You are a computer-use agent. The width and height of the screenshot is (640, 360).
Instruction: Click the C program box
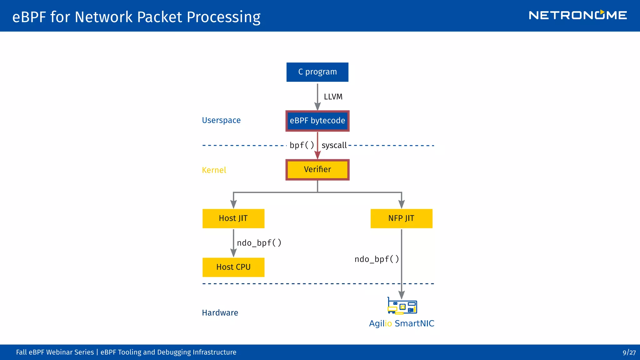[317, 72]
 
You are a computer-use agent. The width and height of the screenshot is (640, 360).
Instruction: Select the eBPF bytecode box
[317, 121]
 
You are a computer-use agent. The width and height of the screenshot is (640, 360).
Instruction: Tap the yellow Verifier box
[317, 170]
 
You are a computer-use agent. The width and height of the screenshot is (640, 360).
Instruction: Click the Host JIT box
[233, 218]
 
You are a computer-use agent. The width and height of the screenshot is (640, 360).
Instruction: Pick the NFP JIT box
[401, 218]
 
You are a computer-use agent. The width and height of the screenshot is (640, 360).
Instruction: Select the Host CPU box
[233, 267]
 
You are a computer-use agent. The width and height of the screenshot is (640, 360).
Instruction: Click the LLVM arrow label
[333, 97]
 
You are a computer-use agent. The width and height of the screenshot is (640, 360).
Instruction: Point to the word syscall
[334, 145]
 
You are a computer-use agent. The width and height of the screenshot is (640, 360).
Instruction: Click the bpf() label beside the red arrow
[302, 145]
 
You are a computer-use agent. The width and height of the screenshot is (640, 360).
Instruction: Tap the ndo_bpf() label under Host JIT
[259, 243]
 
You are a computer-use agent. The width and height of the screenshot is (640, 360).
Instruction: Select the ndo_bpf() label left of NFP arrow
[377, 259]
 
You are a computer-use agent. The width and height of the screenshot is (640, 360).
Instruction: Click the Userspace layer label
[221, 120]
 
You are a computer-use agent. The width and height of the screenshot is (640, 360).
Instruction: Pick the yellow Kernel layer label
[214, 170]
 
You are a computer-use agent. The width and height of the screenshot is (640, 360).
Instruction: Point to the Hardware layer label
[220, 313]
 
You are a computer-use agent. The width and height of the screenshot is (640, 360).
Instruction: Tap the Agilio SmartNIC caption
[402, 323]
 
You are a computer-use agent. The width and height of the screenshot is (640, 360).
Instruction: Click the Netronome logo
[577, 15]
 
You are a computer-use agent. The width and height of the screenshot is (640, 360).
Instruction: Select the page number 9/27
[629, 352]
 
